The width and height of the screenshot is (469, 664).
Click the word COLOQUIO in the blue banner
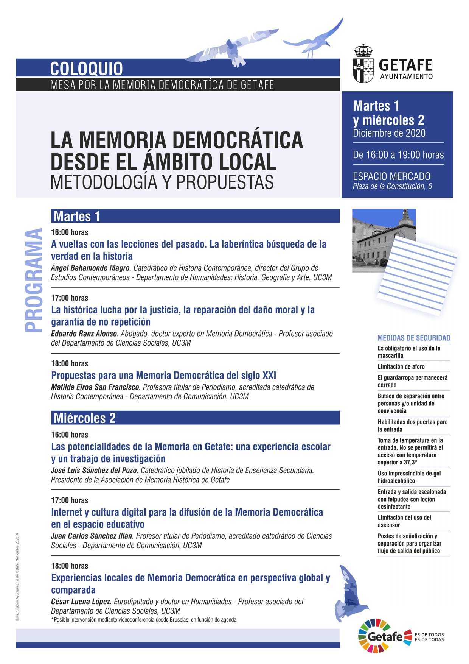[86, 69]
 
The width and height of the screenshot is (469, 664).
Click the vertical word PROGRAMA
[34, 280]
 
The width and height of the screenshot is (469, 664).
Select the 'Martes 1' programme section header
[77, 216]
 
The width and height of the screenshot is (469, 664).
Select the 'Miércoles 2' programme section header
[85, 418]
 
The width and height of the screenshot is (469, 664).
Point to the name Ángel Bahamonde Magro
[90, 268]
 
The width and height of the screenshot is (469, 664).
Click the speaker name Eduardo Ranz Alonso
[84, 334]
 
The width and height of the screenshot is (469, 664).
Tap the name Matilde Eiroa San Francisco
[95, 387]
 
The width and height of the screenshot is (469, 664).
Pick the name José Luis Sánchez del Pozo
[94, 470]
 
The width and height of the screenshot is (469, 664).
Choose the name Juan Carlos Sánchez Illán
[92, 536]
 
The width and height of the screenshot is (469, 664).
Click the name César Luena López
[81, 601]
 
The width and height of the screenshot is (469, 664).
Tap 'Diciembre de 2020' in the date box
[389, 133]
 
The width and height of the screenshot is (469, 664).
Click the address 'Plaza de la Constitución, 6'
[392, 186]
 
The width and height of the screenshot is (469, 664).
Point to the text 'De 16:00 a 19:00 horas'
[398, 155]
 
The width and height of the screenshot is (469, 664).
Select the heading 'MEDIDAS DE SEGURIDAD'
[414, 338]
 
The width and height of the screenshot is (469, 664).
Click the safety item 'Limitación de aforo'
[401, 366]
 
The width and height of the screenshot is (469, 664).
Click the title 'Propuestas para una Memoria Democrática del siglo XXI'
[163, 375]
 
